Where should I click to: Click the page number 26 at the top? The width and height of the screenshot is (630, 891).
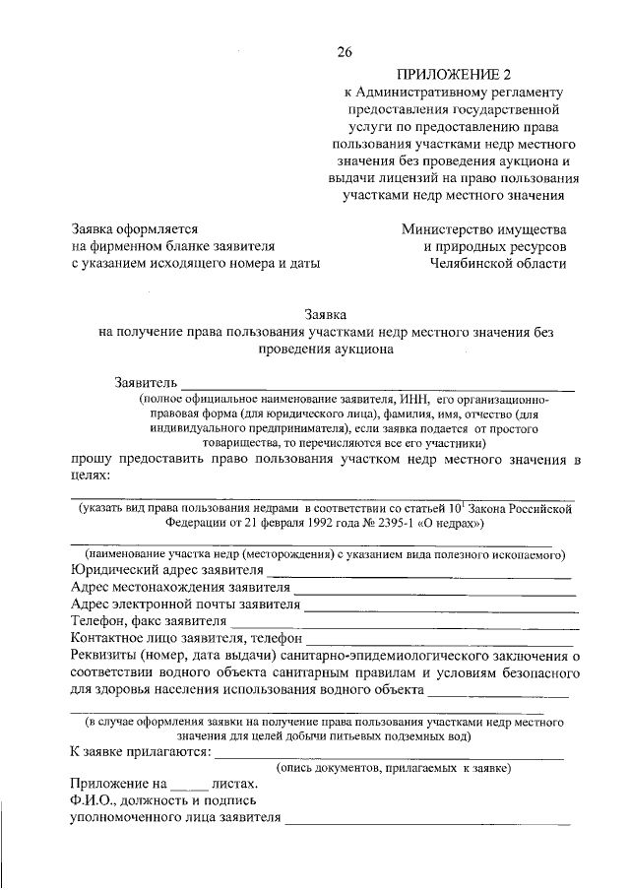pyautogui.click(x=344, y=51)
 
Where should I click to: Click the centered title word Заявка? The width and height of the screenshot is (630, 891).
pyautogui.click(x=326, y=315)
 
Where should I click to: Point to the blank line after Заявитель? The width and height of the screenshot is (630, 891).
pyautogui.click(x=376, y=387)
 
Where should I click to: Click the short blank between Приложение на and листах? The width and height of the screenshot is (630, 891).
pyautogui.click(x=189, y=789)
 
